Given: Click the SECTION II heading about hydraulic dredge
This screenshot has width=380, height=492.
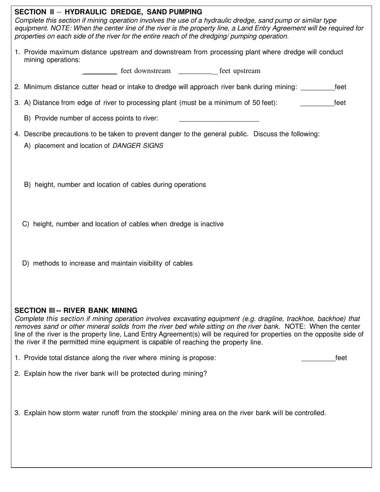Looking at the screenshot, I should coord(108,12).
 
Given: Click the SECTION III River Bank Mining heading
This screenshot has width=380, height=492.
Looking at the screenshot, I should coord(76,310).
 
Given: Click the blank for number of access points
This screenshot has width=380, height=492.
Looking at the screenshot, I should coord(219,119).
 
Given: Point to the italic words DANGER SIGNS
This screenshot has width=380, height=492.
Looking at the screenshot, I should coord(138,146).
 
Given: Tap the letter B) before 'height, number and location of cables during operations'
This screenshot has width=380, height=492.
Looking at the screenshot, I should coord(28,185).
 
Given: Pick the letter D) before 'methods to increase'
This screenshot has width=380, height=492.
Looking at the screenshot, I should coord(26,264).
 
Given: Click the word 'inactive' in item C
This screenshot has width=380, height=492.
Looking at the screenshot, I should coord(211,224).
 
